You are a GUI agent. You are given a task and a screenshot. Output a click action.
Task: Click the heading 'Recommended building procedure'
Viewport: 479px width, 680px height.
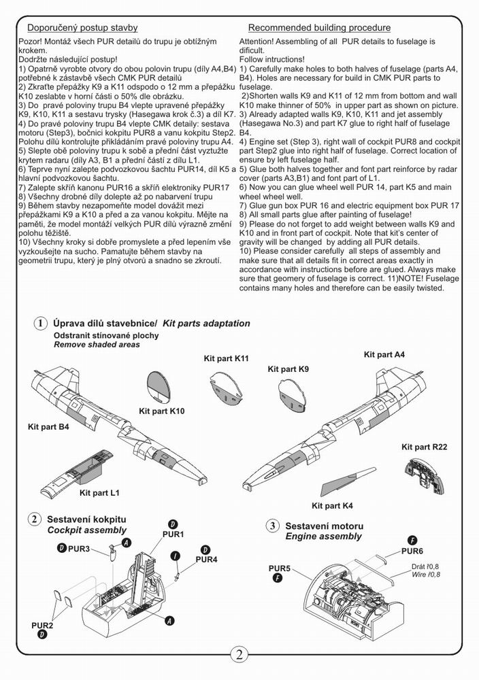[319, 28]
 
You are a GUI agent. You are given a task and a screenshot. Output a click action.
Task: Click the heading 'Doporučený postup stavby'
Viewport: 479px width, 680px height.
[82, 28]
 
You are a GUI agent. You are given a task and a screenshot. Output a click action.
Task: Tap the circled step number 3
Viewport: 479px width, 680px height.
[272, 526]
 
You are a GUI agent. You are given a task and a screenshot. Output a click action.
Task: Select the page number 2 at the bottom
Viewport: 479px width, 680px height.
[239, 655]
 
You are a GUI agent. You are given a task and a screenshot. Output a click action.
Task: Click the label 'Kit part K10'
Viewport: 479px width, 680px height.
[162, 411]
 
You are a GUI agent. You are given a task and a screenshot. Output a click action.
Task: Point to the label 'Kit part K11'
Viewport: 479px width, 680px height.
[226, 358]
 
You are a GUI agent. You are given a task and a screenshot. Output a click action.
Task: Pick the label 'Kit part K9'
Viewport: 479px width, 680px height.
[288, 369]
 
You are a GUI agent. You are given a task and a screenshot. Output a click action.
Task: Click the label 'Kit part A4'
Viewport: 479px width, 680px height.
[384, 355]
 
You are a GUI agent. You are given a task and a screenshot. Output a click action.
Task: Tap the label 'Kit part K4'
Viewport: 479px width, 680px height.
[332, 506]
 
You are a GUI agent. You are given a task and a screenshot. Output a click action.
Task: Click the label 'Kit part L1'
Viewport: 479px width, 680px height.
[99, 492]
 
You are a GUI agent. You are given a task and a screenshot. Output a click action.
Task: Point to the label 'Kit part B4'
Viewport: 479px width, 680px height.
[48, 426]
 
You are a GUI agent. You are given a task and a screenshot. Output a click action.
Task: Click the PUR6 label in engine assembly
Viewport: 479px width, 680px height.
[412, 551]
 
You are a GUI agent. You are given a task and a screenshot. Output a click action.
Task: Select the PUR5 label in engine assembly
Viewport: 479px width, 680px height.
[280, 568]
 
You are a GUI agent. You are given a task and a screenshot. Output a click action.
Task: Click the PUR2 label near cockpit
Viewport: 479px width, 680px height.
[42, 624]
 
